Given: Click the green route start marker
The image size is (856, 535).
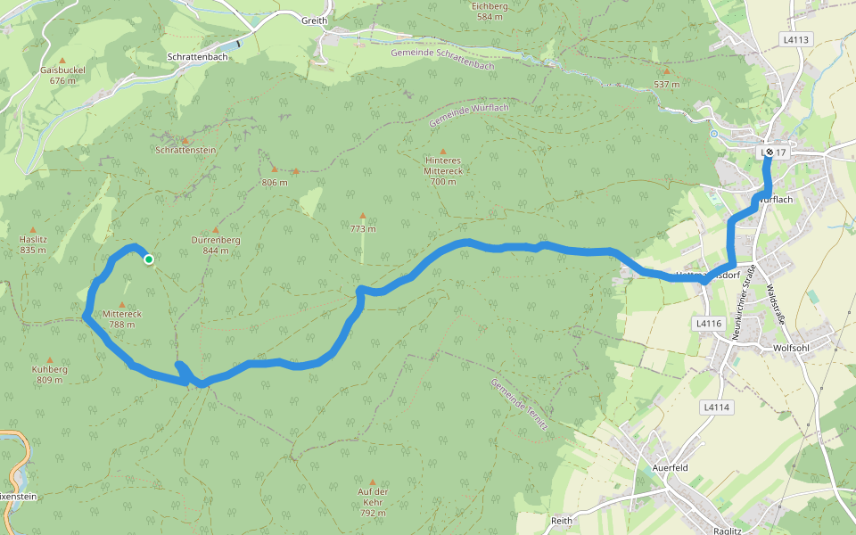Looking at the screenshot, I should (x=149, y=259).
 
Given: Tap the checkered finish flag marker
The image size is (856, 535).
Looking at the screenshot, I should (x=770, y=152).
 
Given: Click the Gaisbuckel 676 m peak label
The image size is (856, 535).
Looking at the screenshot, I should (x=62, y=75).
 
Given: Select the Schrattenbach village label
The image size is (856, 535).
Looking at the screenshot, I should (x=198, y=56).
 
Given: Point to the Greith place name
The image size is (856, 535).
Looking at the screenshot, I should (x=314, y=21).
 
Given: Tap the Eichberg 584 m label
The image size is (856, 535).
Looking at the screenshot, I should (x=490, y=11).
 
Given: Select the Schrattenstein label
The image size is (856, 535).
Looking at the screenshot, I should (x=185, y=151).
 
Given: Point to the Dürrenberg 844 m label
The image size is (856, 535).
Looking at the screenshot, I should (x=216, y=245).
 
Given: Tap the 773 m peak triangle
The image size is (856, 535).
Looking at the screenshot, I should (x=362, y=216).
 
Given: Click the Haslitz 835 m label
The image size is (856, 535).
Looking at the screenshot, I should (x=33, y=244).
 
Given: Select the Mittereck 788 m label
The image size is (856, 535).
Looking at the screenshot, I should (x=121, y=319).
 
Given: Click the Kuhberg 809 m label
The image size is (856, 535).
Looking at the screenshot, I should (x=50, y=374).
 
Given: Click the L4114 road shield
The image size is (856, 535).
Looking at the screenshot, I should (x=715, y=407).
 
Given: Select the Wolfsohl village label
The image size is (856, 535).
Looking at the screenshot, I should (x=791, y=348).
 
